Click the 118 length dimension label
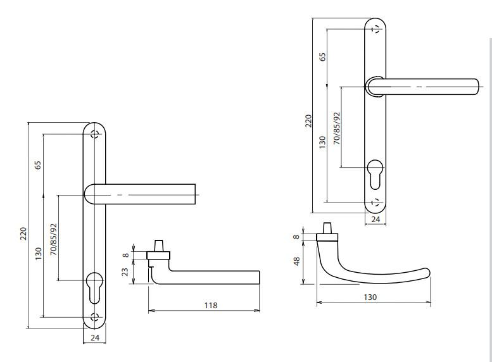tap(211, 305)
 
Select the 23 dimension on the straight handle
tap(125, 271)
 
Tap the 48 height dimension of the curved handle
tap(297, 261)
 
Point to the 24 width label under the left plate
tap(95, 337)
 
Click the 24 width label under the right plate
tap(375, 219)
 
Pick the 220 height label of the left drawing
tap(24, 234)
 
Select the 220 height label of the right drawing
tap(309, 121)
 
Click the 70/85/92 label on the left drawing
tap(54, 239)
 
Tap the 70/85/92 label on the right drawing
tap(337, 128)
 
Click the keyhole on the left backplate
tap(94, 288)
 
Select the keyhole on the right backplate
tap(375, 175)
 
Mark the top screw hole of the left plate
tap(94, 134)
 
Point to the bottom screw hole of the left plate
tap(94, 317)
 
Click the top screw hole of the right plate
tap(375, 30)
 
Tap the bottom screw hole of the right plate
tap(375, 202)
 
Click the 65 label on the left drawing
tap(38, 165)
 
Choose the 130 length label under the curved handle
tap(370, 297)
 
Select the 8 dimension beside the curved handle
tap(297, 237)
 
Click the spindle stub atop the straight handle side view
tap(158, 246)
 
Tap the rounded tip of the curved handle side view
tap(427, 272)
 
